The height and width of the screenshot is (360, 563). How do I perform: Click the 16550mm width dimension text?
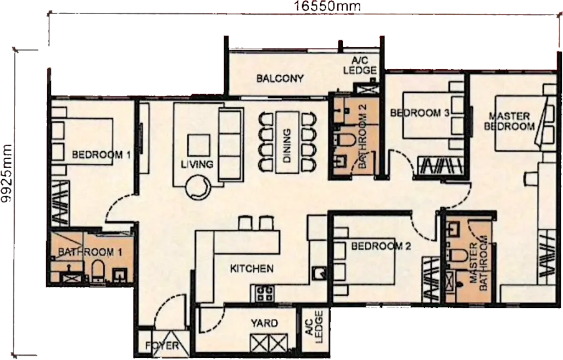327,6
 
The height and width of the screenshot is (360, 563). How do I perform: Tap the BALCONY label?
280,79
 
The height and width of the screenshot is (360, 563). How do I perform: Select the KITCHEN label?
252,268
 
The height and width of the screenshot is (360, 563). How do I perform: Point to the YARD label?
264,323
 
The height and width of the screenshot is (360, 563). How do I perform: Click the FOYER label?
162,346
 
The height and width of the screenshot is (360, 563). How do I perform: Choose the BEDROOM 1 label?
101,155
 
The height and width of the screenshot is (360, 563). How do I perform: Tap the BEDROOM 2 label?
381,246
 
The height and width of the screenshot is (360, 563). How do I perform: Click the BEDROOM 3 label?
420,113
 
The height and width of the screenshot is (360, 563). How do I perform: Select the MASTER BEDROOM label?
509,121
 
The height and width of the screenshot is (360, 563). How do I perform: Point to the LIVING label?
197,164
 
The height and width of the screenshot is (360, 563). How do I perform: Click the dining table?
287,142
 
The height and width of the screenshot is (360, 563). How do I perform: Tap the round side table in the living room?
198,187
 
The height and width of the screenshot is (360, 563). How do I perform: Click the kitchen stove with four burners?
264,293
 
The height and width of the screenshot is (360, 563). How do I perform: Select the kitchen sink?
318,274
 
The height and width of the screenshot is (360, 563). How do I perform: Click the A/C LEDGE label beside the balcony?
360,65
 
